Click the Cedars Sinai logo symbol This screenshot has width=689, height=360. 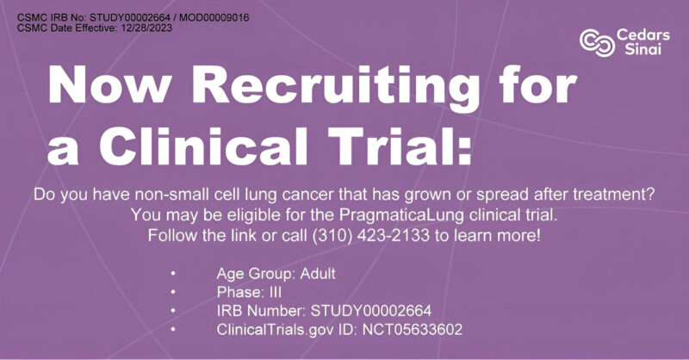pos(596,40)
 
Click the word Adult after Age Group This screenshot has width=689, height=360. pos(313,273)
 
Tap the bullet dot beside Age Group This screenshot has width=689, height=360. pos(173,273)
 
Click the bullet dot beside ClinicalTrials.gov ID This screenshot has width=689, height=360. pos(173,330)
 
